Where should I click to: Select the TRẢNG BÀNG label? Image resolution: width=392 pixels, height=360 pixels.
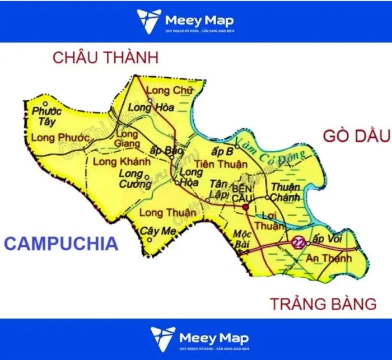[x=324, y=304]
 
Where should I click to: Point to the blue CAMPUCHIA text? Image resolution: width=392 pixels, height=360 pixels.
[x=61, y=244]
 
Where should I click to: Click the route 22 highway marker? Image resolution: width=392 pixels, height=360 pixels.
[x=298, y=242]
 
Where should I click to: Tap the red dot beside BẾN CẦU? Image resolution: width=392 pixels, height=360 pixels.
[x=245, y=208]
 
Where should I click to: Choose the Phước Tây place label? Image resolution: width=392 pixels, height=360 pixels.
[x=46, y=116]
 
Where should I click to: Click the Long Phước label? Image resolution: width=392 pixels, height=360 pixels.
[x=60, y=138]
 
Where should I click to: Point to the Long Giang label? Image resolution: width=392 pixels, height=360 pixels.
[x=127, y=138]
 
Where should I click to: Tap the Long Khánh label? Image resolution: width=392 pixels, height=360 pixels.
[x=122, y=162]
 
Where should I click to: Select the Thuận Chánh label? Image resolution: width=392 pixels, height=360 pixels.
[x=286, y=192]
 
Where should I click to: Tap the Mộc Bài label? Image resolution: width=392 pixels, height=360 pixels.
[x=244, y=237]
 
